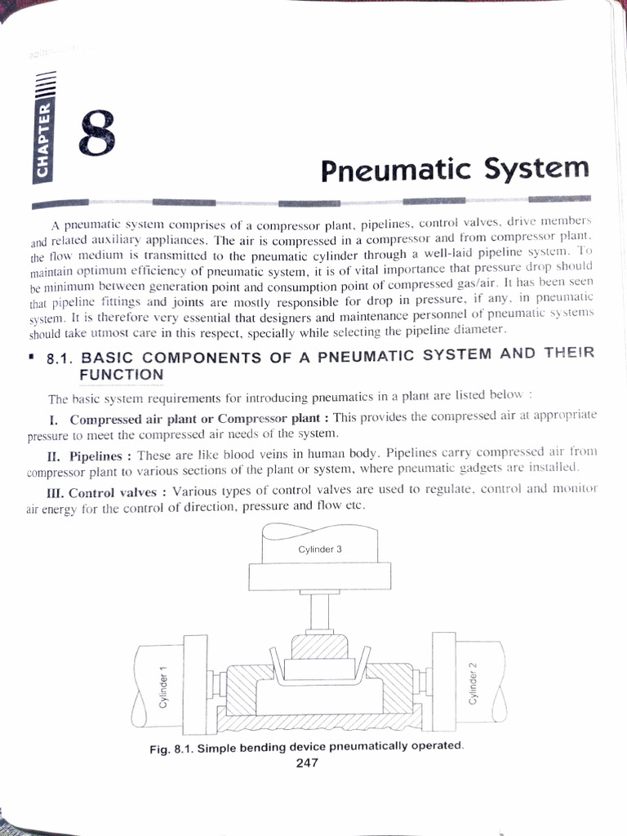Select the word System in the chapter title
536,168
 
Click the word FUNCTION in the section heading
122,375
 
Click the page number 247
306,763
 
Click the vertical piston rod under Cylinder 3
318,607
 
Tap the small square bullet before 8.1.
30,355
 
